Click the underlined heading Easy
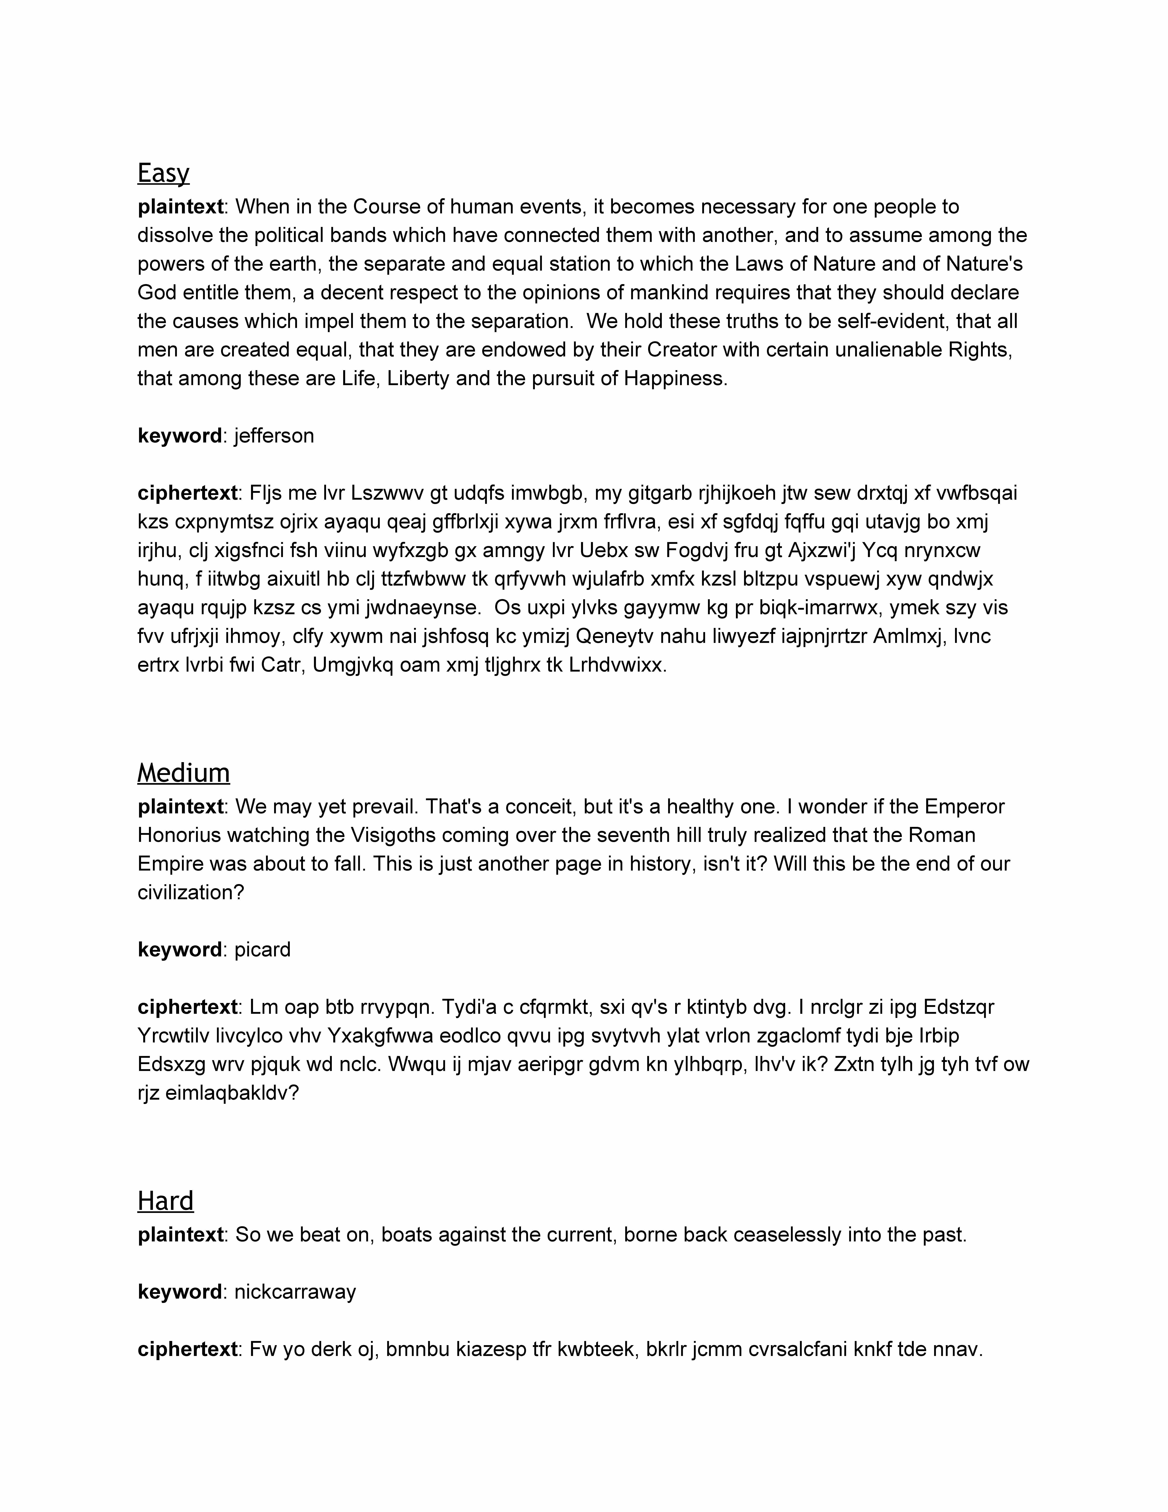point(163,173)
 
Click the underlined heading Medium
point(183,773)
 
